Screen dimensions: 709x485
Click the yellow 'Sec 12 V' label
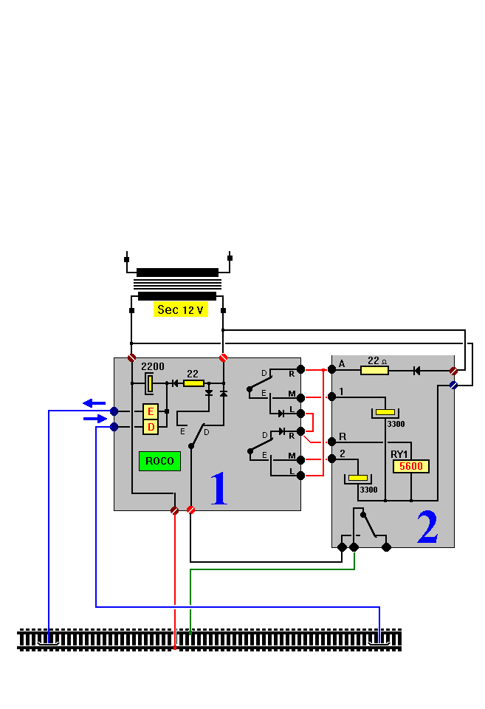[x=181, y=309]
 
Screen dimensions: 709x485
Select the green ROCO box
[x=159, y=461]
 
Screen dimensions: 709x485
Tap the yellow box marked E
[x=151, y=411]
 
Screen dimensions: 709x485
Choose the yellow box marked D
[x=151, y=427]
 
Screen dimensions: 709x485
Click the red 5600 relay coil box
[x=410, y=467]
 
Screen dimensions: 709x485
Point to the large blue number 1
[x=219, y=490]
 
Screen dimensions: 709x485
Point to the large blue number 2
[x=427, y=527]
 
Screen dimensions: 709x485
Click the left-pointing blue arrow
[x=94, y=403]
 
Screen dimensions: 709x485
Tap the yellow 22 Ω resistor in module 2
[x=374, y=370]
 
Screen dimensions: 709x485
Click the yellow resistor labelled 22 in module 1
[x=193, y=383]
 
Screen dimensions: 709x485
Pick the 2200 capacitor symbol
[x=150, y=383]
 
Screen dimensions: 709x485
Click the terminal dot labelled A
[x=331, y=370]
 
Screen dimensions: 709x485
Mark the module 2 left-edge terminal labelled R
[x=331, y=442]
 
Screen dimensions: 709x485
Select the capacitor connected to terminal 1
[x=385, y=412]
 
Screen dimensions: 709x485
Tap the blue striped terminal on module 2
[x=453, y=385]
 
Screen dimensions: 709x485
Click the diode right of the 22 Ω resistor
[x=417, y=370]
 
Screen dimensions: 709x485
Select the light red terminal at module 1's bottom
[x=190, y=510]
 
